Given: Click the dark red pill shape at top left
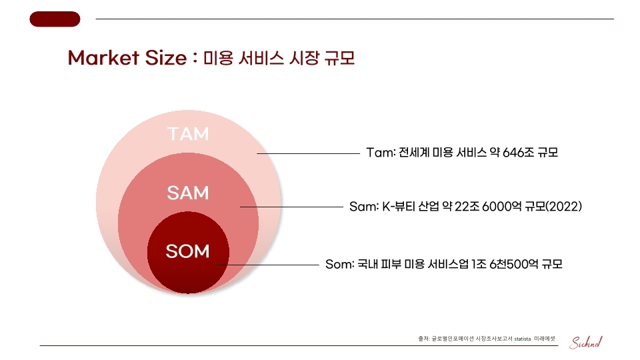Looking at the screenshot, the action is (55, 19).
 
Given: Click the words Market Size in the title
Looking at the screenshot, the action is (127, 57).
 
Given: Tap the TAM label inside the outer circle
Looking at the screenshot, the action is (188, 134).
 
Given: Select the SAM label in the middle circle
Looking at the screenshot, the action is (188, 193).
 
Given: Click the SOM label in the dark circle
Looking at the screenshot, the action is (188, 251).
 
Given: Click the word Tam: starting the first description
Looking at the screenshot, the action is (381, 152).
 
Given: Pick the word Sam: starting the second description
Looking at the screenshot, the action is (364, 206).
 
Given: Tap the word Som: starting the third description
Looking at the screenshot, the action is (339, 264).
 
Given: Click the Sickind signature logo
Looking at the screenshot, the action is (586, 342).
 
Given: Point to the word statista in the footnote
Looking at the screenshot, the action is (523, 339).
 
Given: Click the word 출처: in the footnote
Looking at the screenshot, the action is (424, 339).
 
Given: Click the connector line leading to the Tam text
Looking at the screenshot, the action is (308, 153).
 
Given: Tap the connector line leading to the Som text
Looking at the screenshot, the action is (267, 265).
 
